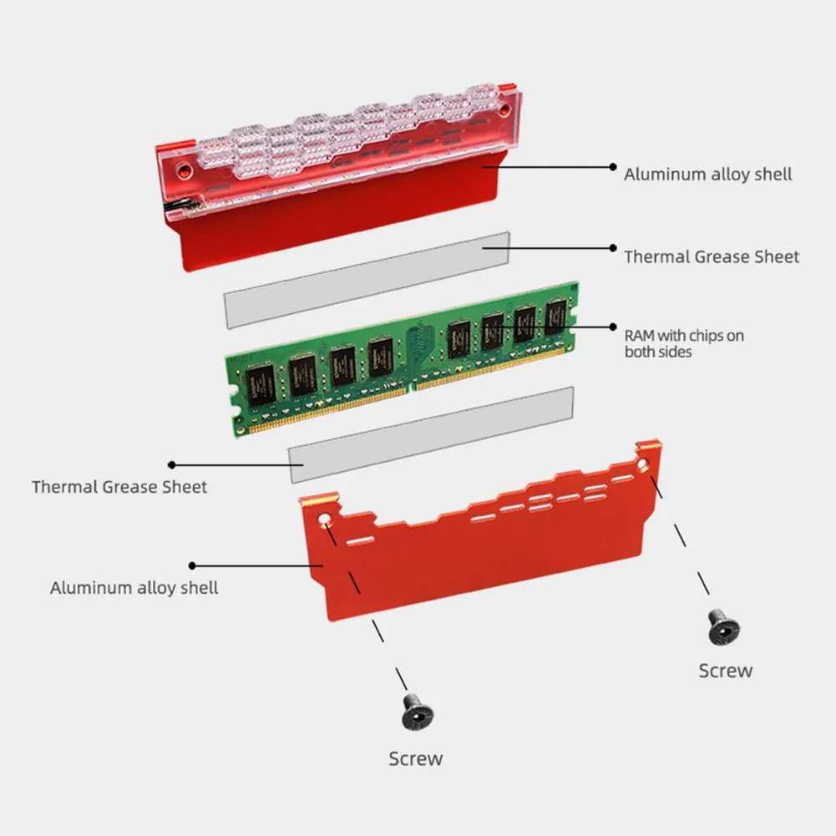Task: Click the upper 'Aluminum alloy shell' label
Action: (707, 174)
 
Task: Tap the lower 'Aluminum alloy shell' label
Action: (134, 588)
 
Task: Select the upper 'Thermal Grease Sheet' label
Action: (712, 256)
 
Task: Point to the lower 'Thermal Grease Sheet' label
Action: (119, 486)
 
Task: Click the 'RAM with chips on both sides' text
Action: (684, 343)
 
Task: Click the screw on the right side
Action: (723, 626)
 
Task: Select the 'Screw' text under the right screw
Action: (725, 671)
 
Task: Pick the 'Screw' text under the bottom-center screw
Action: (415, 758)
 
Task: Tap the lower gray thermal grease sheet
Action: (430, 433)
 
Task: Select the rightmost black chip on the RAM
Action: (556, 317)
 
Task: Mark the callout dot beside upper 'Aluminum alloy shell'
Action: (613, 167)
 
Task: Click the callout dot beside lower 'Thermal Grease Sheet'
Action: (172, 464)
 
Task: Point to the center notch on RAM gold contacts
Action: (409, 385)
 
